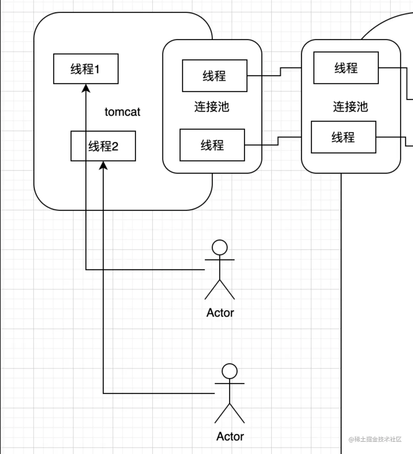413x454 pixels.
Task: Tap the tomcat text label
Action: point(122,112)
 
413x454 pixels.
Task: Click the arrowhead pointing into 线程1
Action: point(86,88)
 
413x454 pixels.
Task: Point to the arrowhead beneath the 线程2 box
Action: point(103,165)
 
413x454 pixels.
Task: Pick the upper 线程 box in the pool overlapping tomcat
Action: point(214,76)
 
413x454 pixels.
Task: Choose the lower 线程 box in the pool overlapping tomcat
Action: point(212,145)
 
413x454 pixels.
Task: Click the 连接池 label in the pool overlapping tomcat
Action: point(211,107)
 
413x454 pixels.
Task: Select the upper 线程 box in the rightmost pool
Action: point(346,68)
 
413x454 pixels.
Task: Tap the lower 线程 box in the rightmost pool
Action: point(343,137)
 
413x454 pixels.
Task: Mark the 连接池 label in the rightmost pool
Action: point(350,107)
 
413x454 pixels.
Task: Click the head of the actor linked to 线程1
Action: point(220,247)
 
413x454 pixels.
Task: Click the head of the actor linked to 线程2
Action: point(230,371)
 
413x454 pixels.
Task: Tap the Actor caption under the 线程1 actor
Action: point(220,313)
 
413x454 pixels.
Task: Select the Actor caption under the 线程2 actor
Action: point(230,437)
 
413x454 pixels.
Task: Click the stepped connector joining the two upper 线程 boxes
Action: point(280,72)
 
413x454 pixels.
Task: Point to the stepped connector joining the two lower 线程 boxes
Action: point(278,141)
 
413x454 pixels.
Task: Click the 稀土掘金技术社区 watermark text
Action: point(375,439)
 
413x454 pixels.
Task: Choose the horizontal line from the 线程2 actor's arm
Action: point(159,393)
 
